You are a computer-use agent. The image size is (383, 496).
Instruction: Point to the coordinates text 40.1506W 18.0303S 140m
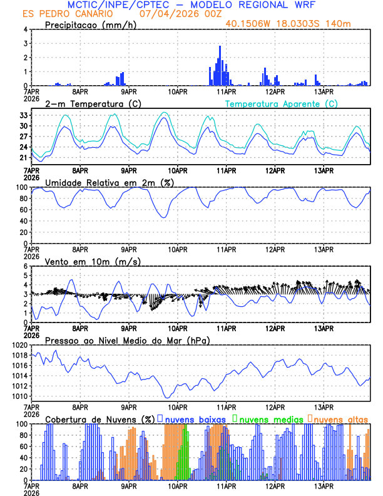pyautogui.click(x=297, y=24)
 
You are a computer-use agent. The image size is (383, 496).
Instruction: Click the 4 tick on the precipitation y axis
pyautogui.click(x=25, y=29)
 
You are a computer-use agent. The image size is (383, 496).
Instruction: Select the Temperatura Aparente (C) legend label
pyautogui.click(x=281, y=103)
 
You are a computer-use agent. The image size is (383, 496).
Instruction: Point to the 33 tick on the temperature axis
pyautogui.click(x=23, y=115)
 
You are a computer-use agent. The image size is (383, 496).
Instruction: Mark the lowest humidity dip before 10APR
pyautogui.click(x=165, y=217)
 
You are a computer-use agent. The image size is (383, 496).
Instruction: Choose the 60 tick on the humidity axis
pyautogui.click(x=23, y=210)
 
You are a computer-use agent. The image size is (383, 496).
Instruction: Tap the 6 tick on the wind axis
pyautogui.click(x=25, y=266)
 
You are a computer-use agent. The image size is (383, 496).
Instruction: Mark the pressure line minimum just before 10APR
pyautogui.click(x=167, y=397)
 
